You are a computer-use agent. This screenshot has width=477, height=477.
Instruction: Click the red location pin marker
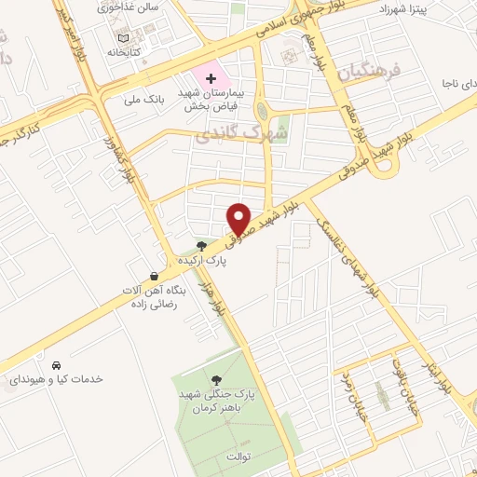(239, 217)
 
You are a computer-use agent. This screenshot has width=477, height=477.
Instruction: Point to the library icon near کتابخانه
(121, 37)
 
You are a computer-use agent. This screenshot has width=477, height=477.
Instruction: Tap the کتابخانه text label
(122, 52)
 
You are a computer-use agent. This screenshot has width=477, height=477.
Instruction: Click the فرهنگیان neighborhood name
(372, 70)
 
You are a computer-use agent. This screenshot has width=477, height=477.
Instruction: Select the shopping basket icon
(154, 276)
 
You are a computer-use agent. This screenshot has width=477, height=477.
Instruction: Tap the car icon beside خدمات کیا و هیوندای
(57, 364)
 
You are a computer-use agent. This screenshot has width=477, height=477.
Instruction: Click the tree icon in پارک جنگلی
(216, 379)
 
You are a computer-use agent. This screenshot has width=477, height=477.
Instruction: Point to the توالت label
(238, 457)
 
